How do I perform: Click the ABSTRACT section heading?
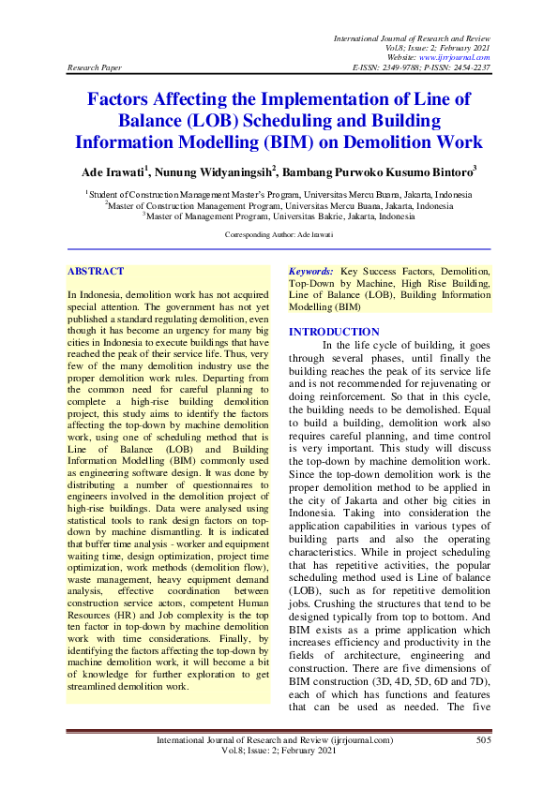point(96,271)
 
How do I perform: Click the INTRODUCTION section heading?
point(334,332)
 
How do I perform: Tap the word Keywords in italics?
point(311,271)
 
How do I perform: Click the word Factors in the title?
point(125,98)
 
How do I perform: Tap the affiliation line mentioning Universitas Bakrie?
point(279,216)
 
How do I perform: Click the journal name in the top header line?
point(412,36)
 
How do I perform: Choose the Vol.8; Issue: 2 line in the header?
point(438,47)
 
